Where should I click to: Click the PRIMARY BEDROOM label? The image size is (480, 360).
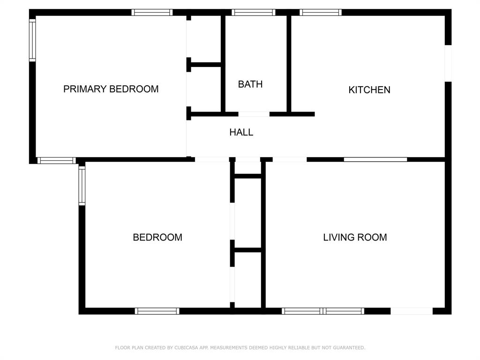click(111, 89)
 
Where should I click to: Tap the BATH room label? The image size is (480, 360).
click(250, 84)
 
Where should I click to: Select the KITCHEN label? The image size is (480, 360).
click(369, 90)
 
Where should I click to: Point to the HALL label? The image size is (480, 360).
click(241, 133)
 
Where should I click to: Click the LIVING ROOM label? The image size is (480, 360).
click(355, 237)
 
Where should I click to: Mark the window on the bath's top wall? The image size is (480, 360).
click(253, 13)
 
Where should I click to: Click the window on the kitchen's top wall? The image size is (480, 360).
click(321, 13)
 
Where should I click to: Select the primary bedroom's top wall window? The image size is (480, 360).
click(152, 13)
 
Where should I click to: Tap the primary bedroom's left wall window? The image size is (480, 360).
click(32, 40)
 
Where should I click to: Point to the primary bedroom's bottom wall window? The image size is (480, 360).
click(56, 160)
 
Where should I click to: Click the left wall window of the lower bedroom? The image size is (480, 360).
click(82, 186)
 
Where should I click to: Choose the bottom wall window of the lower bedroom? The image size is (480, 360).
click(157, 311)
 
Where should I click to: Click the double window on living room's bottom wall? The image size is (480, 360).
click(323, 311)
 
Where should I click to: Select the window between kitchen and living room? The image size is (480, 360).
click(375, 159)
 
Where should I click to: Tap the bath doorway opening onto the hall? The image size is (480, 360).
click(254, 114)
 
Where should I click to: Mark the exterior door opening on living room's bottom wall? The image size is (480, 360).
click(412, 311)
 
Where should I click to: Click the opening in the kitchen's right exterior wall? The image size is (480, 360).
click(448, 63)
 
